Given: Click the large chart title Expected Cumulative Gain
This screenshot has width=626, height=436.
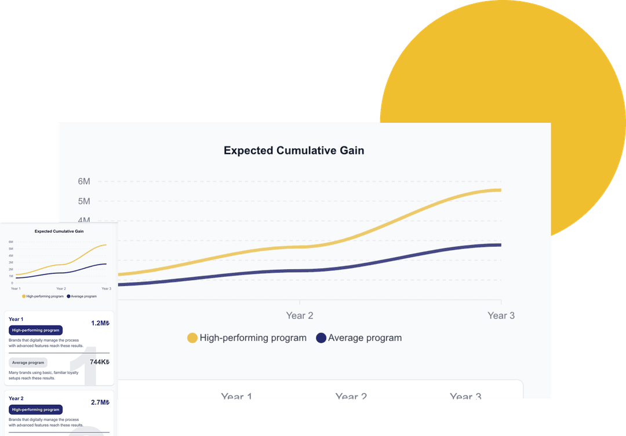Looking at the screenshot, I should click(294, 151).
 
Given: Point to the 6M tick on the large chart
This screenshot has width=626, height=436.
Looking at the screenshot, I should click(84, 181).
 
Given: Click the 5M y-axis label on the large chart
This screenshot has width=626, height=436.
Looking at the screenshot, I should click(84, 201).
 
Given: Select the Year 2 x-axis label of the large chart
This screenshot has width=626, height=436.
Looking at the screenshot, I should click(300, 316).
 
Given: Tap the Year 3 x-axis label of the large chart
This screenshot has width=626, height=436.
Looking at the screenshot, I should click(501, 316).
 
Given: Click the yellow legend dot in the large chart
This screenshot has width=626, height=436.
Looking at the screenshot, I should click(192, 338).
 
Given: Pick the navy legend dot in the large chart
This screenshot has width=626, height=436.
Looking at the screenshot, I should click(321, 338).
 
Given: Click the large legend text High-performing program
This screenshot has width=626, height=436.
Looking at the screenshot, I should click(253, 338).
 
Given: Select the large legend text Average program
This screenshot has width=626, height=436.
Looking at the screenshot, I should click(365, 338).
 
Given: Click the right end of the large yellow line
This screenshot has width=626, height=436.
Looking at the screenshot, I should click(500, 190).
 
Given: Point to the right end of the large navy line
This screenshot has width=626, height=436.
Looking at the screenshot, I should click(500, 245).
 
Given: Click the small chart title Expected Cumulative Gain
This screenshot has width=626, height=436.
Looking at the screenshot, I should click(59, 231).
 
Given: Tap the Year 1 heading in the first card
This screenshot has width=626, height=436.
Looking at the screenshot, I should click(16, 319).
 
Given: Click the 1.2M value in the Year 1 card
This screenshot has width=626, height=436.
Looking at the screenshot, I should click(100, 323).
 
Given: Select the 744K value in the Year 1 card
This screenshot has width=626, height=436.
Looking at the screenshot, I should click(99, 362).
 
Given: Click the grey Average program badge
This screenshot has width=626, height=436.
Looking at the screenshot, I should click(28, 362).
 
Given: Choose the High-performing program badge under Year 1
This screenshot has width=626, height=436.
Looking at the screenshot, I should click(35, 330).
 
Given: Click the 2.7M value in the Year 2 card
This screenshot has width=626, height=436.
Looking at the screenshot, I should click(100, 402).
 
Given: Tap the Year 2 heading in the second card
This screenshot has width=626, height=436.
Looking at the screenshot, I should click(16, 398).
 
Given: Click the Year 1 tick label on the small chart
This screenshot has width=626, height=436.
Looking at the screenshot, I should click(16, 288).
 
